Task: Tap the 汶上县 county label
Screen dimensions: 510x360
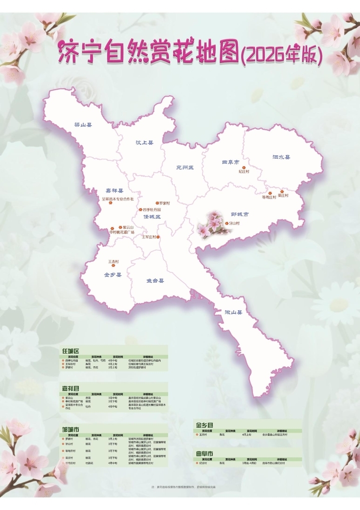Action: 144,142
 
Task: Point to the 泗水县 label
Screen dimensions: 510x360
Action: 281,157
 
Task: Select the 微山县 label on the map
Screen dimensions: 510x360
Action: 233,312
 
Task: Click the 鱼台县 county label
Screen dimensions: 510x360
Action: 155,281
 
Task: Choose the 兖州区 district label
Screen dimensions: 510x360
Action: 184,167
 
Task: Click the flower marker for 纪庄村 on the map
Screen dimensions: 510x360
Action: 244,168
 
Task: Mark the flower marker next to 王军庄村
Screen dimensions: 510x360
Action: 158,237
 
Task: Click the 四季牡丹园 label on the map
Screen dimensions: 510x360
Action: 152,210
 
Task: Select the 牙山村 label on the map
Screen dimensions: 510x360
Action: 234,223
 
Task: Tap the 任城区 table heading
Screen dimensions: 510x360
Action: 70,351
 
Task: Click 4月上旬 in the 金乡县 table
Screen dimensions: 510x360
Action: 246,435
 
